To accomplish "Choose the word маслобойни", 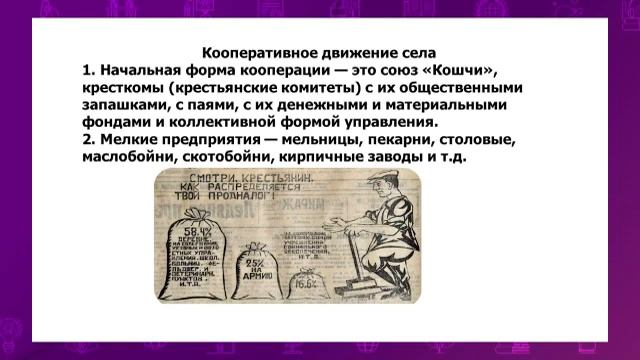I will pyautogui.click(x=132, y=158).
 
